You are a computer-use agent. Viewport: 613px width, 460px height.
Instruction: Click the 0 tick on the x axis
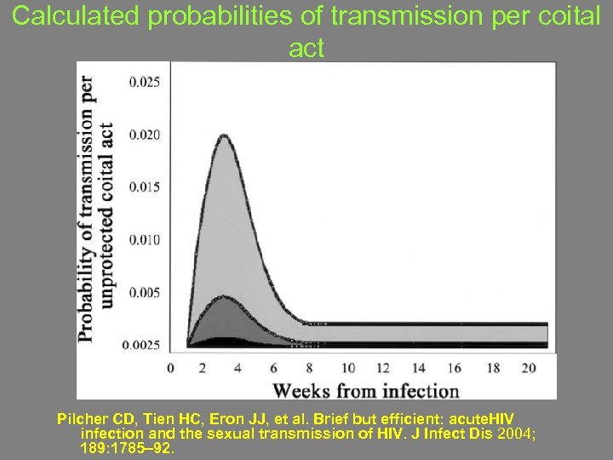(170, 368)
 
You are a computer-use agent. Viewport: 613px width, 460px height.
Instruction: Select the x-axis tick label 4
(237, 368)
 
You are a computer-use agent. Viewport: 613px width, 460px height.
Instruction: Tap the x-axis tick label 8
(309, 368)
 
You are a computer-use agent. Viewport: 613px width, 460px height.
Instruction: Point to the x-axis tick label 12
(384, 368)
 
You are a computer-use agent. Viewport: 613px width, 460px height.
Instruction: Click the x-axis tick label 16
(455, 368)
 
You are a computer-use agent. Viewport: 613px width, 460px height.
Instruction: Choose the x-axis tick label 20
(528, 368)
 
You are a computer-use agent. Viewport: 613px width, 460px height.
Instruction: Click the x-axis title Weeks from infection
(365, 391)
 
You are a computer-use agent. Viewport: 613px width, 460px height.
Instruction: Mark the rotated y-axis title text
(96, 209)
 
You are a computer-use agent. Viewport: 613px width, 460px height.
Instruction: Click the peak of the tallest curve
(224, 135)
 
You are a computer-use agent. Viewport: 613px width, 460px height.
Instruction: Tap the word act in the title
(306, 49)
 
